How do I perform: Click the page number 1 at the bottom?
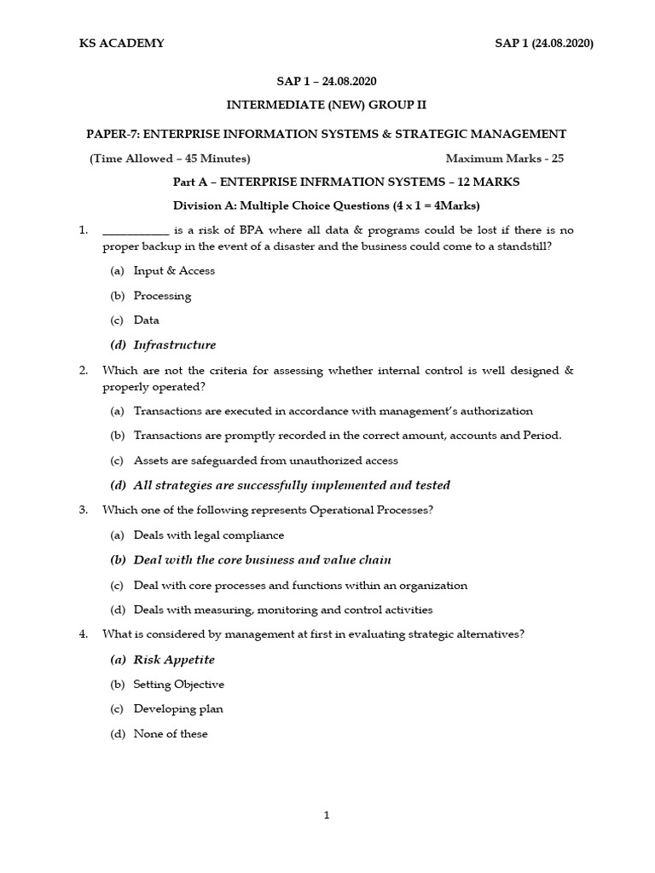(x=327, y=815)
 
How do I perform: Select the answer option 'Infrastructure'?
(x=174, y=345)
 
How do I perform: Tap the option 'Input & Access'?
(x=174, y=271)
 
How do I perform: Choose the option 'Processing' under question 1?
(x=162, y=296)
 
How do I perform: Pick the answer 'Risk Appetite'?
(x=174, y=660)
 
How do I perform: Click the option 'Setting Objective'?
(x=178, y=685)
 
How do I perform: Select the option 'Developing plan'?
(x=178, y=709)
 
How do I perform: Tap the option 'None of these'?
(x=171, y=734)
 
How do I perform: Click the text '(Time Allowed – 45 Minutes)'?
(x=170, y=159)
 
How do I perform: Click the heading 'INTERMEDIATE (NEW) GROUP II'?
(x=326, y=105)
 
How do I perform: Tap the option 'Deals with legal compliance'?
(x=209, y=535)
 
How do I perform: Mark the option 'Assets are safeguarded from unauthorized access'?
(x=266, y=460)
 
